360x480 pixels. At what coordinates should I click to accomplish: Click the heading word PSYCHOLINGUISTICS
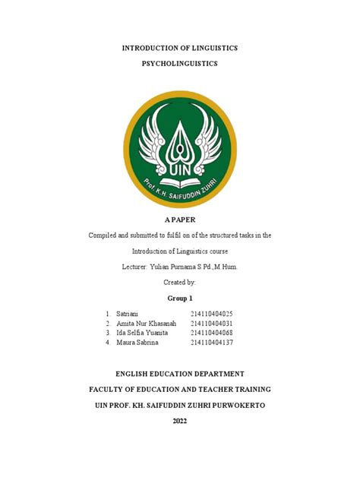click(180, 64)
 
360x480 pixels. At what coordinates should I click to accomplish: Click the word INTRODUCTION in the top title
click(153, 48)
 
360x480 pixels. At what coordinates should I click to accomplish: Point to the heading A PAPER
click(180, 219)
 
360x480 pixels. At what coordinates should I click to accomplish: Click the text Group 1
click(180, 298)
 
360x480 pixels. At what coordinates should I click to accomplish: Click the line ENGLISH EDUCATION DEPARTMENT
click(180, 374)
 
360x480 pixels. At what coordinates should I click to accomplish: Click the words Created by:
click(180, 282)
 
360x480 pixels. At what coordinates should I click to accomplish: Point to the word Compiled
click(103, 235)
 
